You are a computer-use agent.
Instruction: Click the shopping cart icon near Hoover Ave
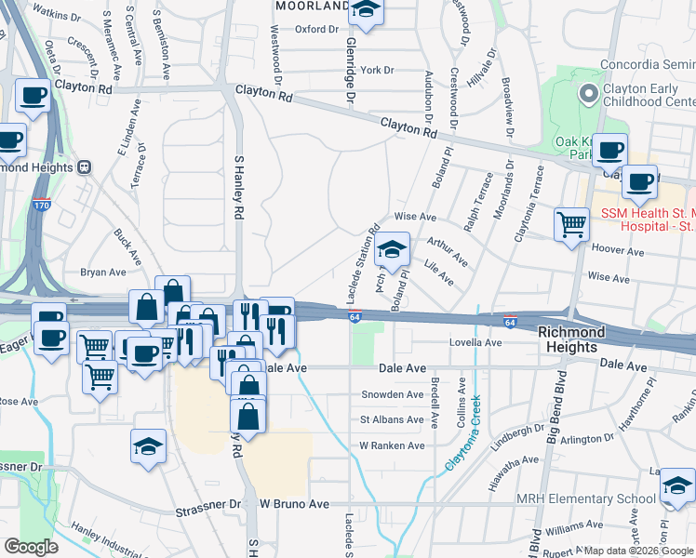[x=570, y=223]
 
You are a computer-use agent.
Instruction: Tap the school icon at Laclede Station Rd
[x=393, y=249]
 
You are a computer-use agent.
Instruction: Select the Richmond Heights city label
[x=569, y=339]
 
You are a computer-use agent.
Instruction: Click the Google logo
[x=32, y=546]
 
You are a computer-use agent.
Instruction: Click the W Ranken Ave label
[x=392, y=445]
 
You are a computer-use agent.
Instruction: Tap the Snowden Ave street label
[x=393, y=394]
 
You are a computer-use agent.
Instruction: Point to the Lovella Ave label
[x=475, y=342]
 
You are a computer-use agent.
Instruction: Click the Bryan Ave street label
[x=102, y=272]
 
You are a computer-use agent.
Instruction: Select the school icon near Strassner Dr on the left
[x=149, y=445]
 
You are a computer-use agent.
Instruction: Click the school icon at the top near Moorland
[x=367, y=10]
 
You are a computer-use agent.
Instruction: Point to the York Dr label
[x=378, y=70]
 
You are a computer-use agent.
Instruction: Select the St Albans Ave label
[x=392, y=419]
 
